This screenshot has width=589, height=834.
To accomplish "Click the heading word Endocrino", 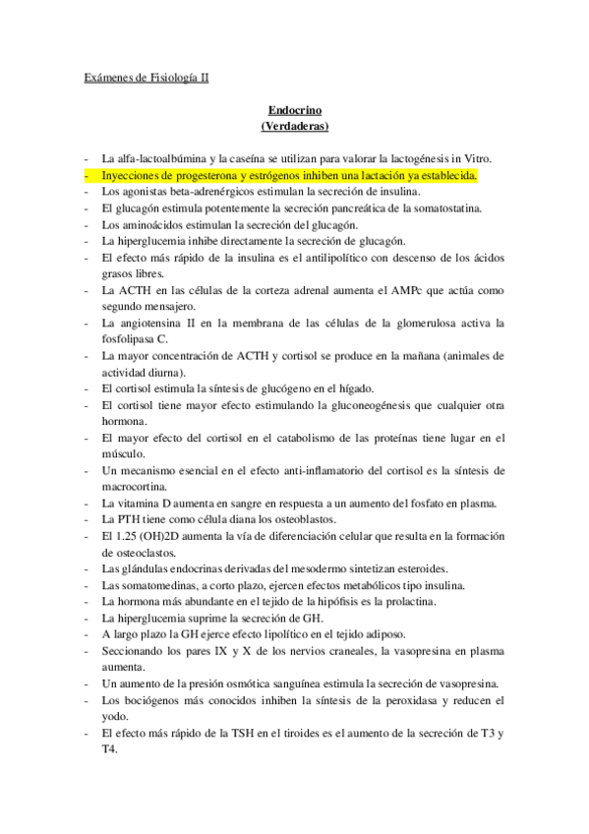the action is (294, 112).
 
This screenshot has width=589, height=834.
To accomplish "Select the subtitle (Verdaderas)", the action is (294, 127).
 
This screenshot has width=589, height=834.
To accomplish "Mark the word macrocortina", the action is (136, 488).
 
